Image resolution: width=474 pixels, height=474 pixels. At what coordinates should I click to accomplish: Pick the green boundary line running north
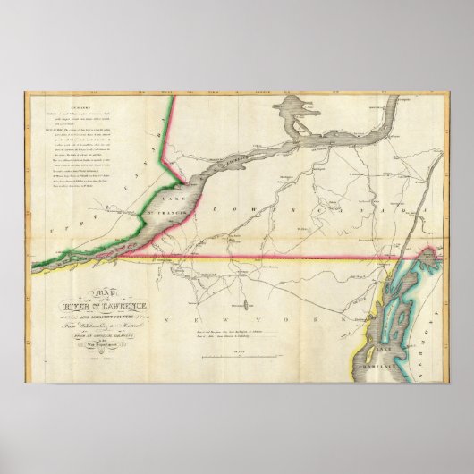pyautogui.click(x=165, y=143)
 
